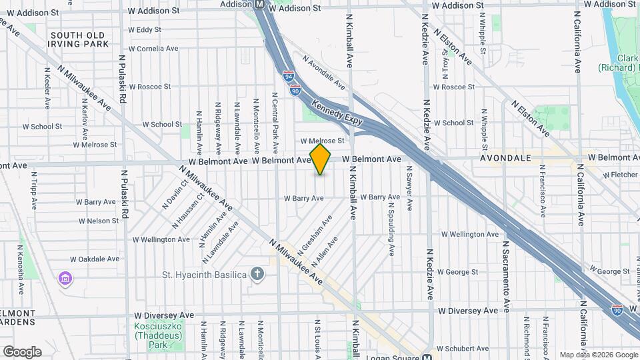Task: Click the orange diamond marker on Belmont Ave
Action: coord(321,160)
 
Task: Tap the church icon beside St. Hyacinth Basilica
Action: coord(257,273)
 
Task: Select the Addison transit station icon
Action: coord(259,4)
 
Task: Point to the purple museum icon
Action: coord(65,277)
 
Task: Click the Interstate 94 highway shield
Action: coord(288,77)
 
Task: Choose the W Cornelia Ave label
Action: coord(153,49)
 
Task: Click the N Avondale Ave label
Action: coord(324,73)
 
